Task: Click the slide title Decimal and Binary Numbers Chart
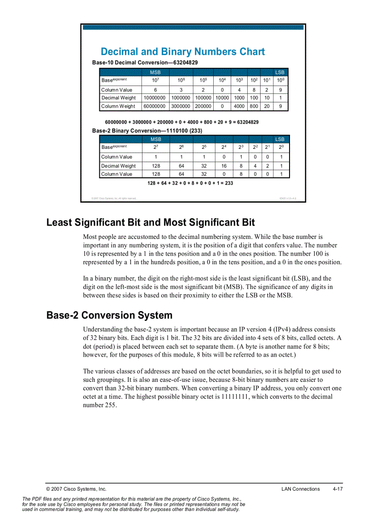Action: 182,51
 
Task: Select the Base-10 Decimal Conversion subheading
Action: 145,62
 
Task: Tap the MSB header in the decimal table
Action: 155,73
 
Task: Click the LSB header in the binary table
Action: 279,139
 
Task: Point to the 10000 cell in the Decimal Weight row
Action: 222,98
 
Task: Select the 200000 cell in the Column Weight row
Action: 203,106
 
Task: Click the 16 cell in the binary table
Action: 224,166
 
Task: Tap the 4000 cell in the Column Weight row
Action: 239,106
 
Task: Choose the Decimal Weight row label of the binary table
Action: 119,166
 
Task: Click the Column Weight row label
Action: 118,106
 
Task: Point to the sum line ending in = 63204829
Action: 182,122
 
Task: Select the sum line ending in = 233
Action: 190,183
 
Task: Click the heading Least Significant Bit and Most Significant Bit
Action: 150,222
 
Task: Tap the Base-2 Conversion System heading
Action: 109,315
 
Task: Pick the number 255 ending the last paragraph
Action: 110,405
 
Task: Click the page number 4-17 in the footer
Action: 338,489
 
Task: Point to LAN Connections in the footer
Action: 301,489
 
